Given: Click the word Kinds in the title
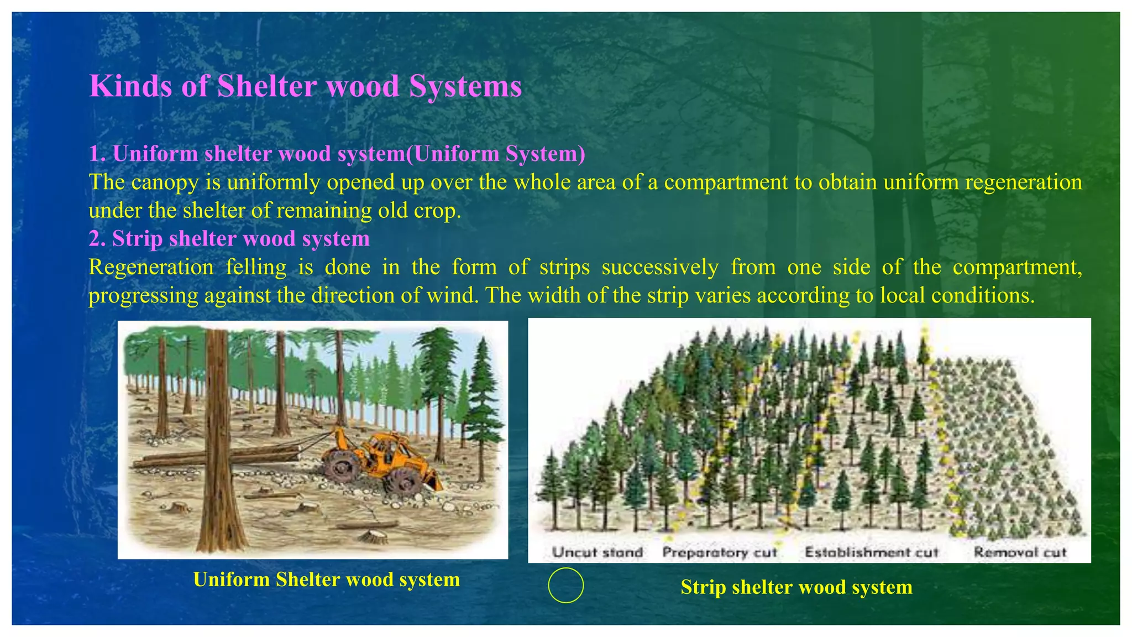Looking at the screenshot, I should [x=130, y=87].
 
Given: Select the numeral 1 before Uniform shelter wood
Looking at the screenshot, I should [x=94, y=154].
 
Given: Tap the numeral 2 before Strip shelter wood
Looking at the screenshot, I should [x=95, y=239].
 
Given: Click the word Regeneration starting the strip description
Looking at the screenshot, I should [x=151, y=268].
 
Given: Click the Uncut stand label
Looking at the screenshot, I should [x=598, y=552].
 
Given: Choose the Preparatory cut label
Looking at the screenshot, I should [x=720, y=552].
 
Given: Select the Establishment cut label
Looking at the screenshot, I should [x=872, y=552].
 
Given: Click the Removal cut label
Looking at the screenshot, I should [x=1020, y=552].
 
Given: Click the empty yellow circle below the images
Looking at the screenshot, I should [x=565, y=585].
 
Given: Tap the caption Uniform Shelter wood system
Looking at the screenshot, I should [x=326, y=579].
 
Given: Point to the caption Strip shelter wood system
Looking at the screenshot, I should [x=796, y=587].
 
